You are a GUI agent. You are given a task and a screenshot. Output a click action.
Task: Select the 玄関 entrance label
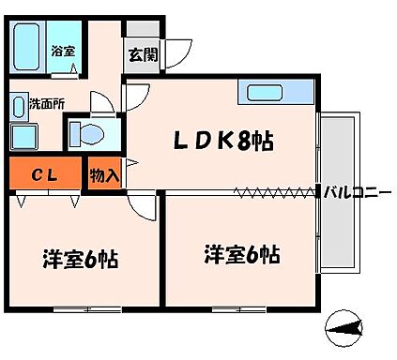[x=144, y=54]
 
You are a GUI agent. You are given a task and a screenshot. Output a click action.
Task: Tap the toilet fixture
[x=86, y=133]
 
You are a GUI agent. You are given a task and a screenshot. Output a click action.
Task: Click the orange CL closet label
[x=42, y=173]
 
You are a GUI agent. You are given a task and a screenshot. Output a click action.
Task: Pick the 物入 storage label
[x=103, y=174]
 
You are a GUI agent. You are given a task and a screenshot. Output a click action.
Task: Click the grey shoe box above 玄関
[x=144, y=30]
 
